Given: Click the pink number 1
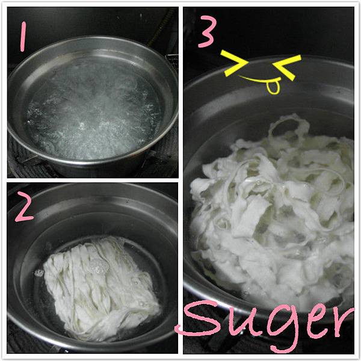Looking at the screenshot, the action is tap(23, 36).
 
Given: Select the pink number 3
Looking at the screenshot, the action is tap(208, 32).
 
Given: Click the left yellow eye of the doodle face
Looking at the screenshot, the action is tap(234, 63).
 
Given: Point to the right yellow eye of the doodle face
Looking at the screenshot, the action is tap(287, 67).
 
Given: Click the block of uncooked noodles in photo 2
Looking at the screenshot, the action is tap(101, 288).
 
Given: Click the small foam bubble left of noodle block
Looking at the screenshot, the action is tap(39, 273).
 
